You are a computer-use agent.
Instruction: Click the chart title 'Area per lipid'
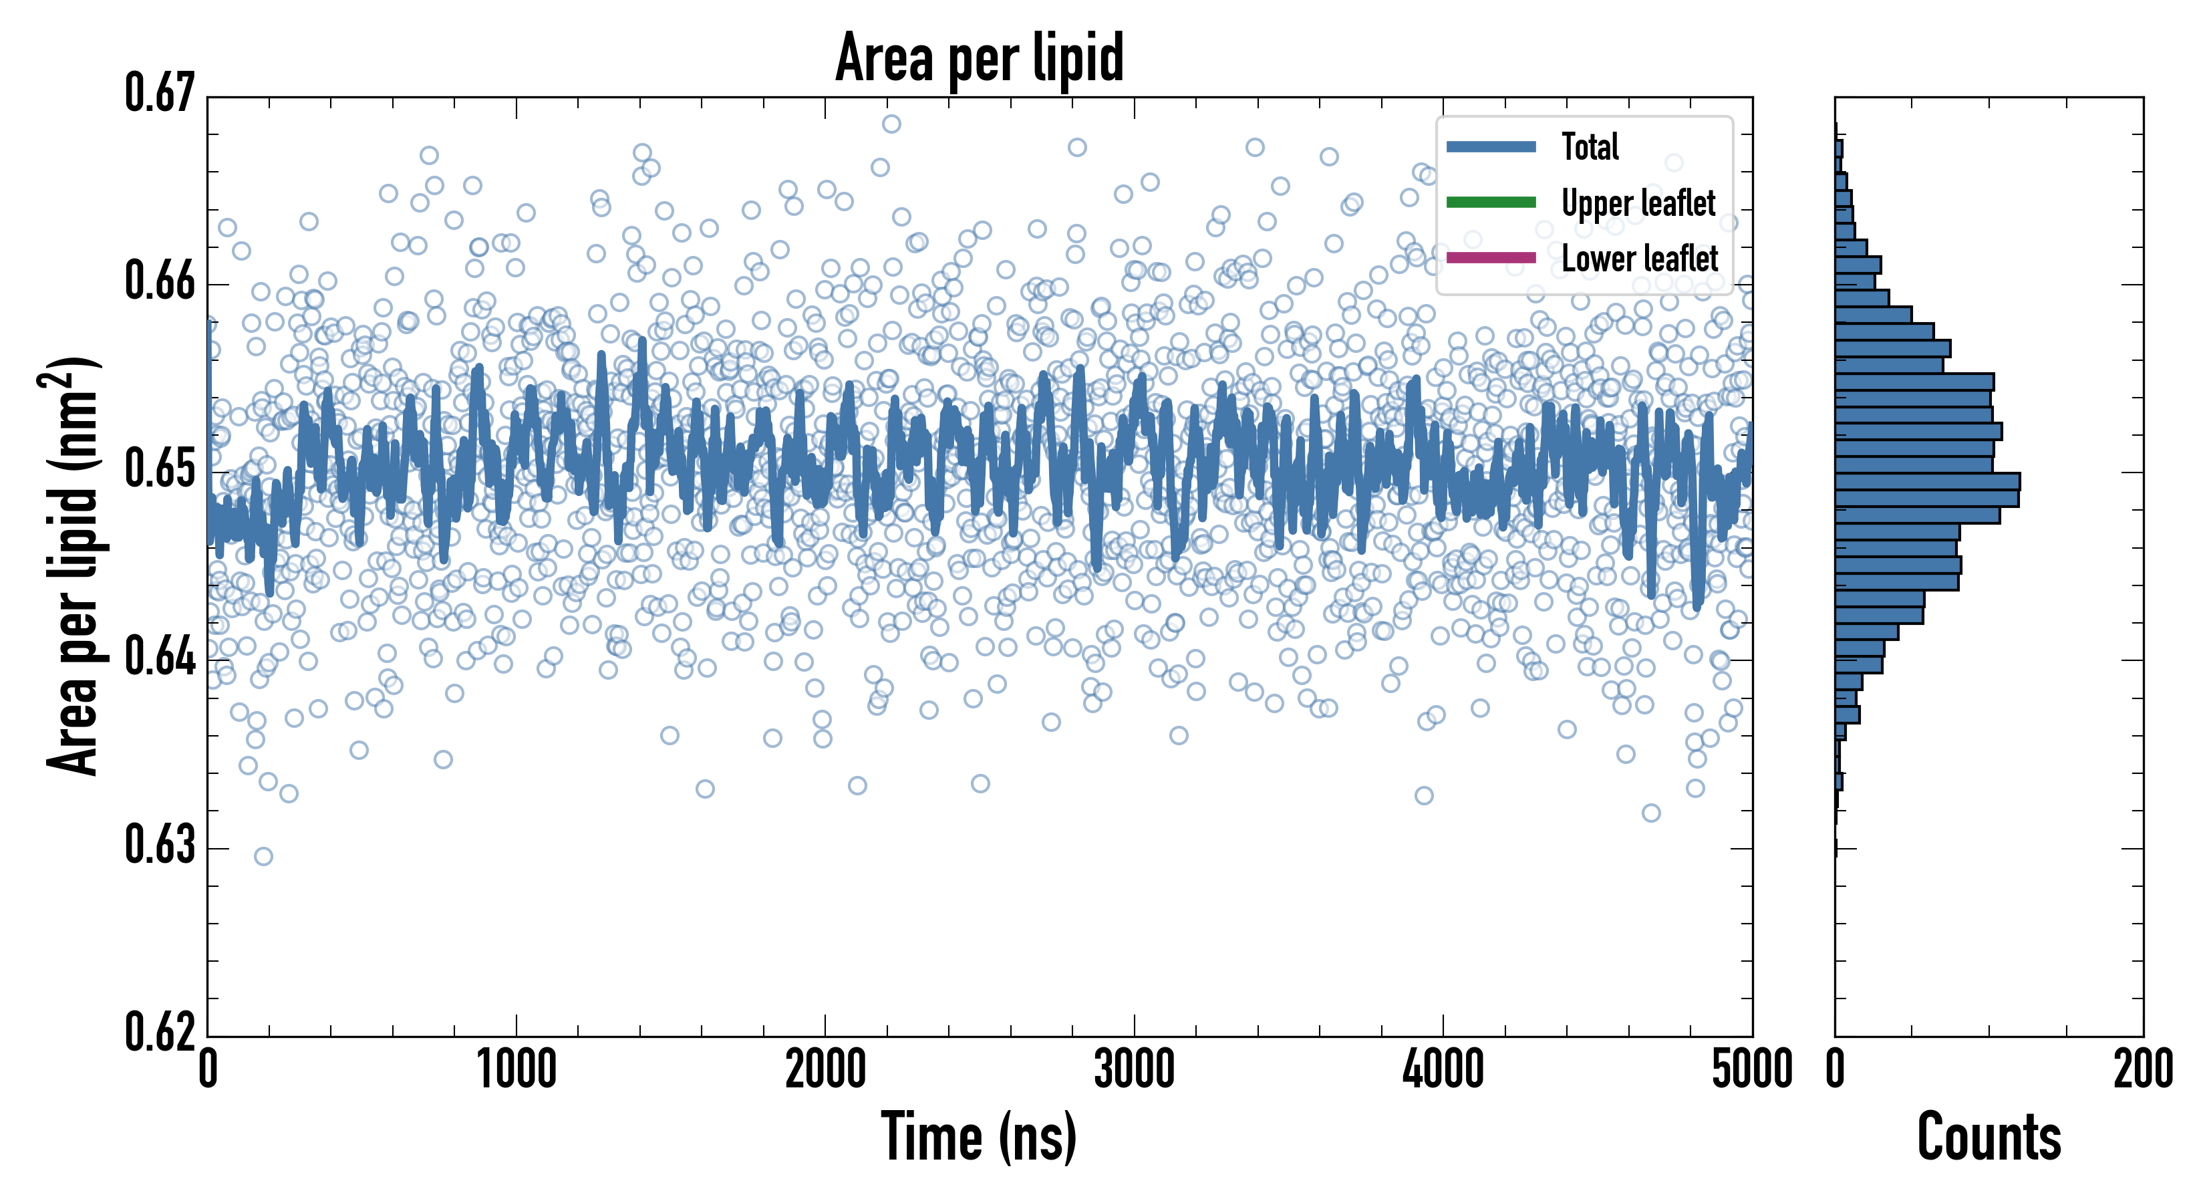(980, 57)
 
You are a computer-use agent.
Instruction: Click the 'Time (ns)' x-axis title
(980, 1136)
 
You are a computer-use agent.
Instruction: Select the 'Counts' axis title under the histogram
(1989, 1136)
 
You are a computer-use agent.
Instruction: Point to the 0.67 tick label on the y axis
(160, 94)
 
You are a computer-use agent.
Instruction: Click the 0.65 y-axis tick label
(160, 469)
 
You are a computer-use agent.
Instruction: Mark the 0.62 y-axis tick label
(160, 1032)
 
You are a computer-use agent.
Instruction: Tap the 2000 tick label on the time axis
(825, 1070)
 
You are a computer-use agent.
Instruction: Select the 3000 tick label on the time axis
(1134, 1070)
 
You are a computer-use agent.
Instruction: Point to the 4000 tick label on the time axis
(1443, 1070)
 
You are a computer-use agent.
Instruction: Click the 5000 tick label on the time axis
(1751, 1070)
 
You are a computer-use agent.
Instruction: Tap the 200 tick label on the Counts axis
(2142, 1070)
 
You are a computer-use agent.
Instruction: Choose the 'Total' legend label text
(1590, 147)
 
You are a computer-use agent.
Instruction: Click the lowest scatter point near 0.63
(264, 856)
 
